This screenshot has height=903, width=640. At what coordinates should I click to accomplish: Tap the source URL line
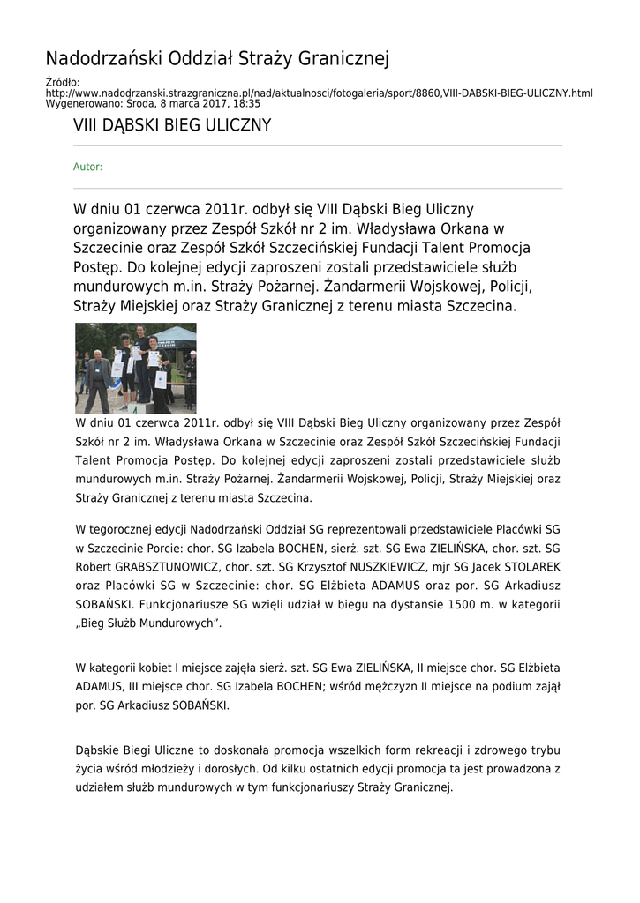(x=319, y=93)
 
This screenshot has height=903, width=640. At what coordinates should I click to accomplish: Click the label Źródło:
(x=62, y=83)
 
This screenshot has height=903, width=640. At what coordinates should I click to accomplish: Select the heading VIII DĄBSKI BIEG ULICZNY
(x=172, y=125)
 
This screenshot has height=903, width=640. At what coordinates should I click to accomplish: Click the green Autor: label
(x=87, y=167)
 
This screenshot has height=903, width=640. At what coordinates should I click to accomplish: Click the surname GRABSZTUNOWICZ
(x=159, y=566)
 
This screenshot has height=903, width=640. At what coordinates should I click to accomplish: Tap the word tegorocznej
(x=135, y=529)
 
